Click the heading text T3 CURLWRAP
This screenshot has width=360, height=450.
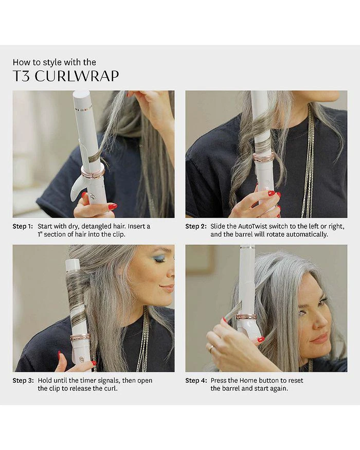point(66,76)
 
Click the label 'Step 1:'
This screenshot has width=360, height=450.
point(23,226)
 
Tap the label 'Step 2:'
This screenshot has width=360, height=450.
point(196,226)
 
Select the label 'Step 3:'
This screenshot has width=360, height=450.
point(23,381)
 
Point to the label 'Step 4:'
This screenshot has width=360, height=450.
point(196,381)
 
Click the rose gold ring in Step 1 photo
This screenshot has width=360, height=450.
point(93,171)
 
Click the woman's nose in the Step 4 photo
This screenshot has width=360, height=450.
point(323,321)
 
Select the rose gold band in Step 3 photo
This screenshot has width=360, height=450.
point(80,337)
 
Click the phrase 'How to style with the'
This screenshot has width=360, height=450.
point(55,62)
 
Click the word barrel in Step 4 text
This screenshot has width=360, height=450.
point(221,389)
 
